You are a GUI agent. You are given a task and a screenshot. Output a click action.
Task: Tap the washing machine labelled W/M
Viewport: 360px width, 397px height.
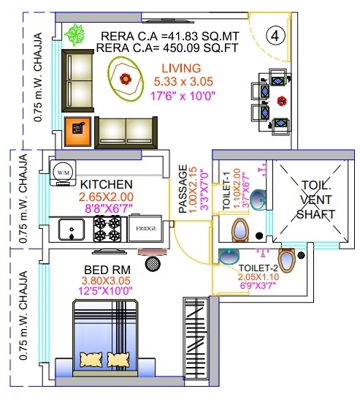pyautogui.click(x=62, y=171)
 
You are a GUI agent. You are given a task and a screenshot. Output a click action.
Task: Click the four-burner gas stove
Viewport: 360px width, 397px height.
pyautogui.click(x=107, y=229)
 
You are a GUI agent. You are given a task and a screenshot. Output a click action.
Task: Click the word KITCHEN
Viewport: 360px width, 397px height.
pyautogui.click(x=107, y=184)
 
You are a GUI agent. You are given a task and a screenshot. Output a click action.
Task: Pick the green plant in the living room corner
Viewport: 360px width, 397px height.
pyautogui.click(x=74, y=34)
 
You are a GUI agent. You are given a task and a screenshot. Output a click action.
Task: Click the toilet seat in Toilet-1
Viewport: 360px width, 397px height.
pyautogui.click(x=240, y=232)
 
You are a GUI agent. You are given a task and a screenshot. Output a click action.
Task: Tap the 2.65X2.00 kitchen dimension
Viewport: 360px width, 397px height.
pyautogui.click(x=107, y=196)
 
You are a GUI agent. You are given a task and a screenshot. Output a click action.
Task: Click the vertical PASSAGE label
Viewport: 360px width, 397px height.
pyautogui.click(x=183, y=189)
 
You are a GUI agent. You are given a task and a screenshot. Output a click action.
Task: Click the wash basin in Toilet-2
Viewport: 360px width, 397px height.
pyautogui.click(x=229, y=257)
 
